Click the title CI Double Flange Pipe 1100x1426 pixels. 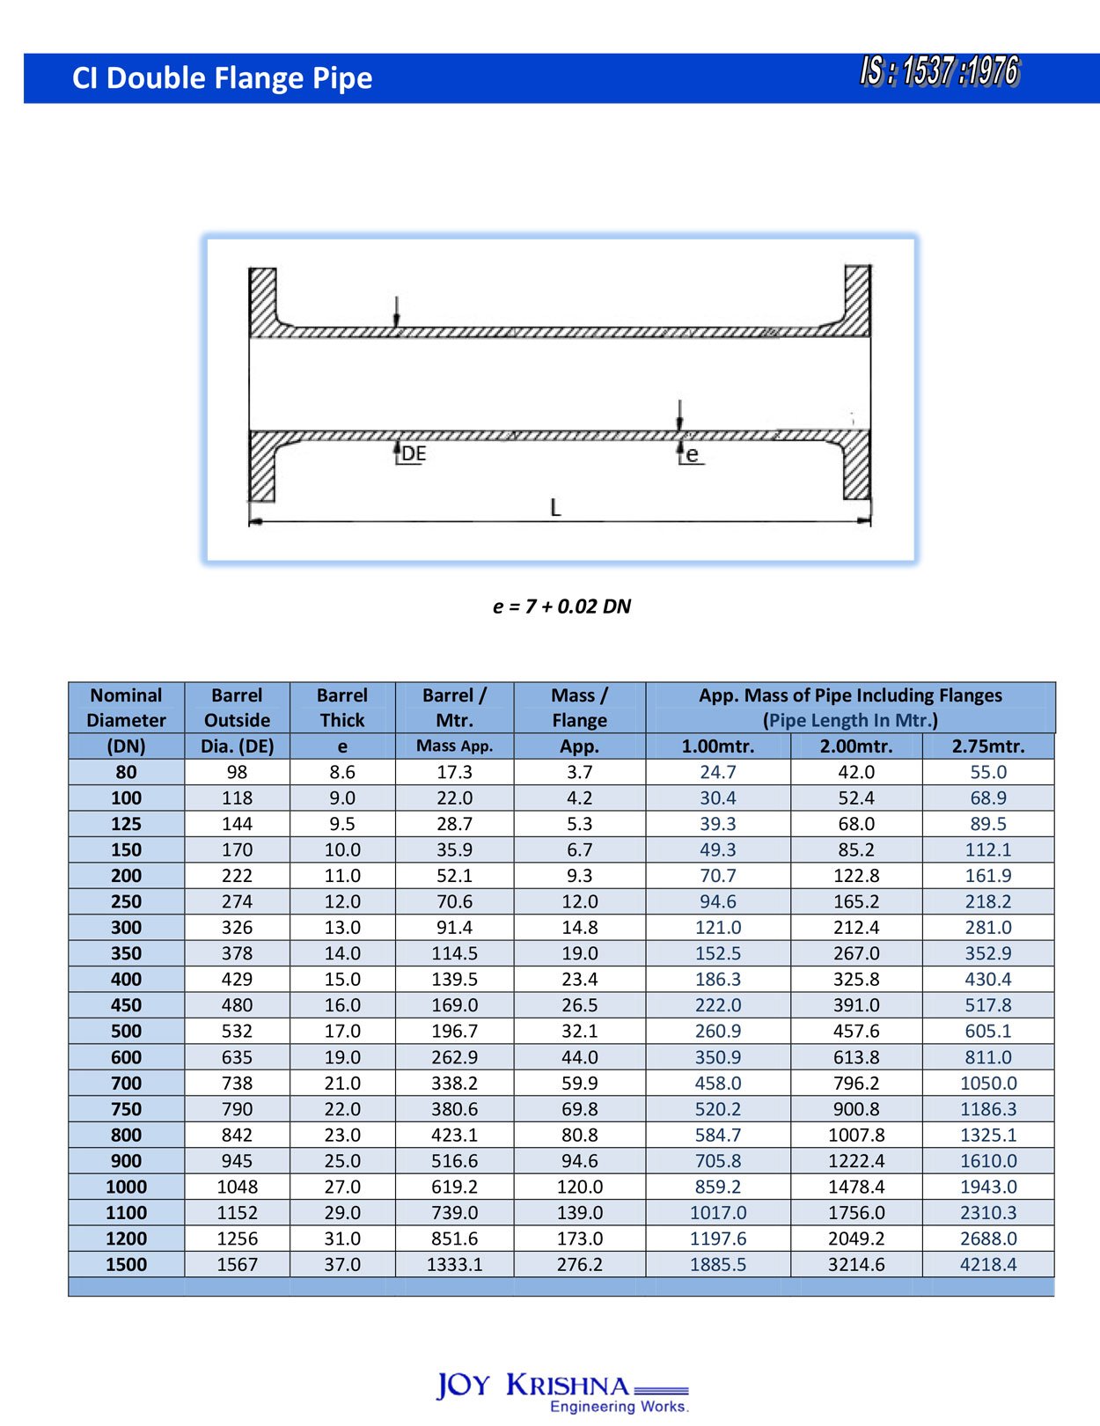(x=222, y=78)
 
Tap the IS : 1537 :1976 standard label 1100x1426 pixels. (x=939, y=72)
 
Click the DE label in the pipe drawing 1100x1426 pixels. (x=414, y=454)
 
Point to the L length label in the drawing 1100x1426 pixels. (x=555, y=508)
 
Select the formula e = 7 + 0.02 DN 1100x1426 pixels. (x=561, y=606)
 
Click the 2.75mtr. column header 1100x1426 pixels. (x=988, y=746)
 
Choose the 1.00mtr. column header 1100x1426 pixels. (x=718, y=746)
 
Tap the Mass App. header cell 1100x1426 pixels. (x=454, y=746)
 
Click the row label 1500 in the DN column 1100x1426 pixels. (x=126, y=1265)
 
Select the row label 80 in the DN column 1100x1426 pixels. (x=126, y=772)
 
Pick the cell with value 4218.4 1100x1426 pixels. (x=988, y=1265)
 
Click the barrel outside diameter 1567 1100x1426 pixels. (x=237, y=1265)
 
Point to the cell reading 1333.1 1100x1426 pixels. (x=454, y=1265)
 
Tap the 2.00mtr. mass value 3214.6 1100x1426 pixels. (x=856, y=1265)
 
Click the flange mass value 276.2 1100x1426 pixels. (x=579, y=1265)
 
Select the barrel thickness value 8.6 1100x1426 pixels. (x=341, y=772)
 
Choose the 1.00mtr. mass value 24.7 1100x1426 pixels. (x=718, y=772)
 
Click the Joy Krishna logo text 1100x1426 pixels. (x=533, y=1386)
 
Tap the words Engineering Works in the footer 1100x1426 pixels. (x=619, y=1407)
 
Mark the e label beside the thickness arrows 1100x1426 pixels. (x=693, y=455)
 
